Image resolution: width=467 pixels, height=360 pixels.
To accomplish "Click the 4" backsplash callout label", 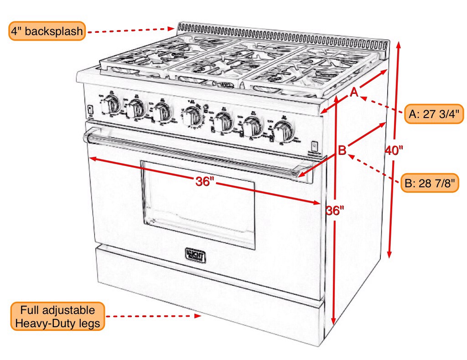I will tap(47, 31).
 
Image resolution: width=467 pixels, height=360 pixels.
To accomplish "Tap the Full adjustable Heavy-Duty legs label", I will tap(57, 317).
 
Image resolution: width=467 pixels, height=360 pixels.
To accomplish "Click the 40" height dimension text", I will tap(394, 150).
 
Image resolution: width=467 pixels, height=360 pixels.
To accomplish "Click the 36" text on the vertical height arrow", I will tap(335, 211).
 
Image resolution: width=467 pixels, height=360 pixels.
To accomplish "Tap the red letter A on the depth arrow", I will tap(354, 93).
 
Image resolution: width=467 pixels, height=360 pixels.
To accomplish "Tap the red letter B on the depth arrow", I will tap(342, 150).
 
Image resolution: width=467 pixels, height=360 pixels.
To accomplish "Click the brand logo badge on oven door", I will tap(195, 255).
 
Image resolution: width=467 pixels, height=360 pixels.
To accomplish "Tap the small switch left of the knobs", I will tap(90, 110).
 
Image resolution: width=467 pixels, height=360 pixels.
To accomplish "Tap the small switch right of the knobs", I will tap(314, 146).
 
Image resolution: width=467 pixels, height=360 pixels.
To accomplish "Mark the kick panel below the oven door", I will tap(205, 292).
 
